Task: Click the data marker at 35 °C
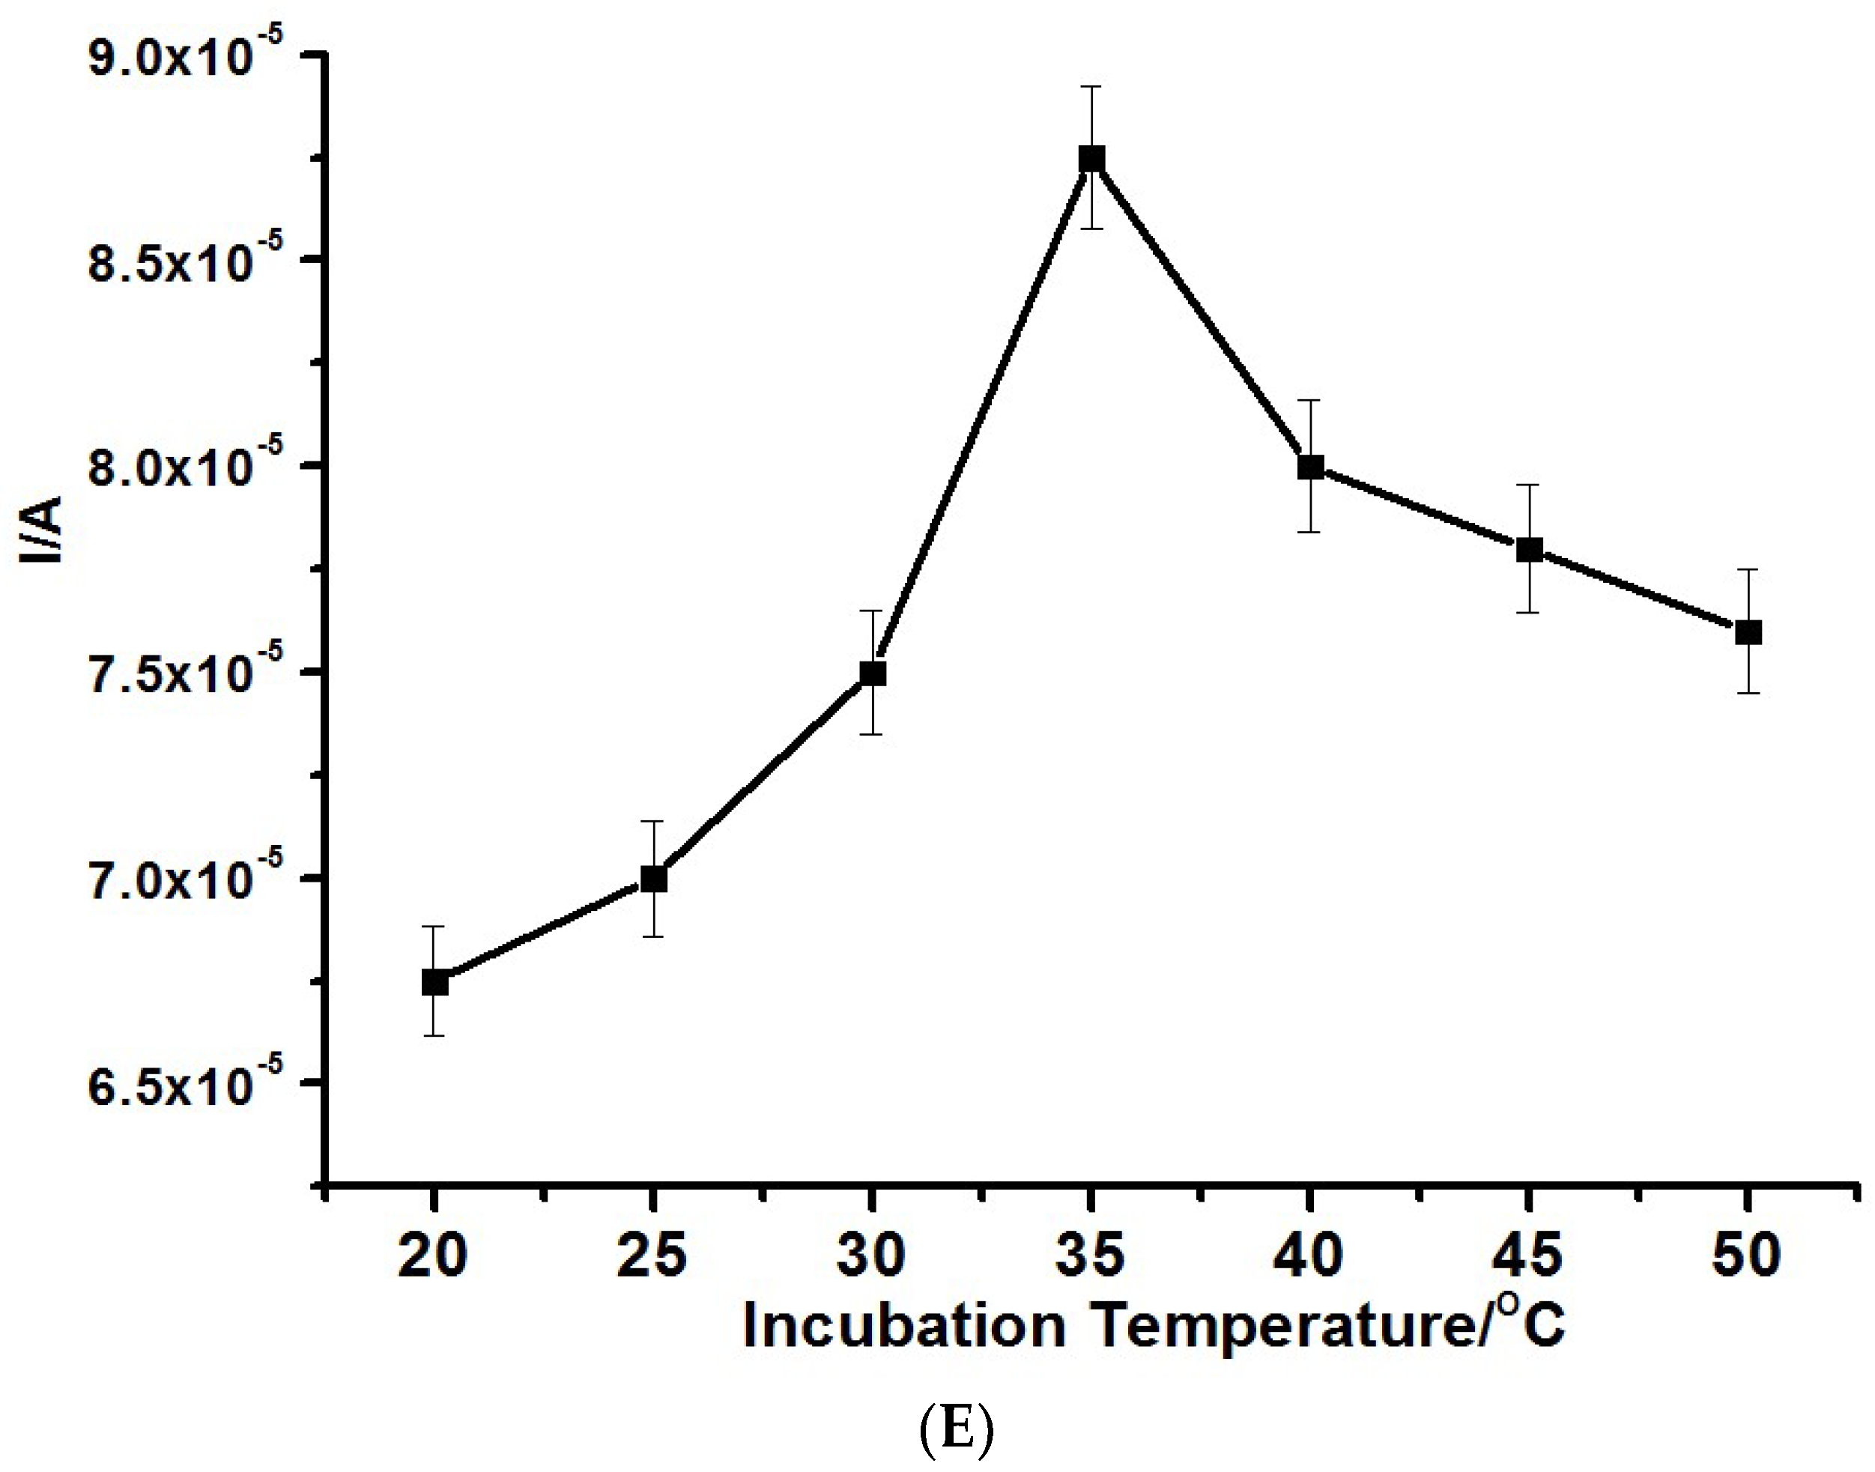pos(1091,160)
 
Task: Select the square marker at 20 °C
pos(434,983)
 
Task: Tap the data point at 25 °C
pos(653,879)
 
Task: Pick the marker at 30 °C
pos(873,673)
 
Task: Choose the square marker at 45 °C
pos(1529,549)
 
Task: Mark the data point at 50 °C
pos(1748,631)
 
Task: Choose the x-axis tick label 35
pos(1090,1256)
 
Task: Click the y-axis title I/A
pos(40,529)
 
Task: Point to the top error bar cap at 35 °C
pos(1091,86)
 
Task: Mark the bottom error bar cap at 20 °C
pos(434,1035)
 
